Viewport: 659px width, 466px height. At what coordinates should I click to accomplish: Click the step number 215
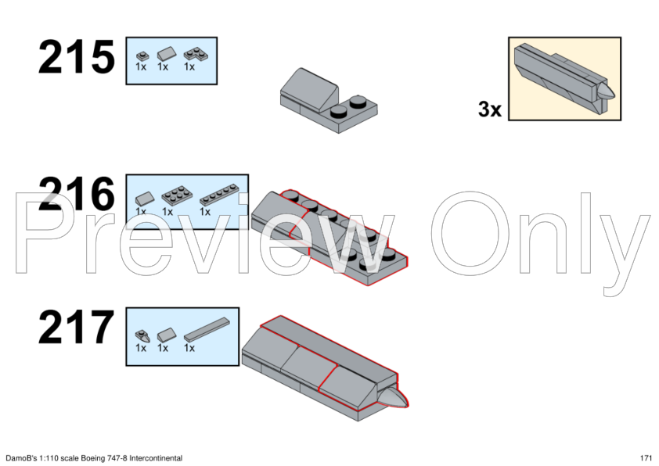[x=77, y=57]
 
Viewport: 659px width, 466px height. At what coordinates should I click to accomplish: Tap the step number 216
[x=77, y=194]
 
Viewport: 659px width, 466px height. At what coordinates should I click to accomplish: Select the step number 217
[x=77, y=327]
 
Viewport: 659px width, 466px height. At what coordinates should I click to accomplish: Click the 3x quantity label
[x=490, y=109]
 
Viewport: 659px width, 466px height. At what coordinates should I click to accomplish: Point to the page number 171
[x=646, y=458]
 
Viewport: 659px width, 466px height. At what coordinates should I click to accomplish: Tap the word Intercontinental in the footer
[x=156, y=458]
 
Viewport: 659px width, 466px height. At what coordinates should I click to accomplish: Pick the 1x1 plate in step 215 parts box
[x=142, y=56]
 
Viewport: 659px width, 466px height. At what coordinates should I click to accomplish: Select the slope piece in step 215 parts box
[x=164, y=54]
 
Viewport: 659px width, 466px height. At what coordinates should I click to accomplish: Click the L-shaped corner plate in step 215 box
[x=196, y=55]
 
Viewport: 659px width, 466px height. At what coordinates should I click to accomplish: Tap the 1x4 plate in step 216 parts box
[x=218, y=195]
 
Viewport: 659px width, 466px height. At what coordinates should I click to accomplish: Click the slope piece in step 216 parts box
[x=145, y=198]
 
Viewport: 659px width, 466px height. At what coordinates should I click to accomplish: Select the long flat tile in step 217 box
[x=207, y=329]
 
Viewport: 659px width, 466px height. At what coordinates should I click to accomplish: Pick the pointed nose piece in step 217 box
[x=142, y=335]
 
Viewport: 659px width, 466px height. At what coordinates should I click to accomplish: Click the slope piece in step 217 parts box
[x=164, y=335]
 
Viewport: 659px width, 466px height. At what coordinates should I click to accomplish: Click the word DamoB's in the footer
[x=20, y=458]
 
